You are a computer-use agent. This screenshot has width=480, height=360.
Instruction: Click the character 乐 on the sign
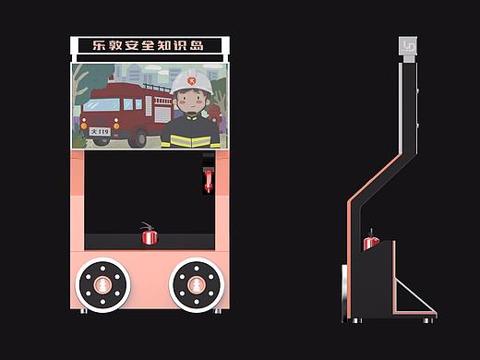coord(99,45)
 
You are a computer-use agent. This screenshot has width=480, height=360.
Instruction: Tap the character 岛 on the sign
coord(197,45)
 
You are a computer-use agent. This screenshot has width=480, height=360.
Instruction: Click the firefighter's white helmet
coord(192,81)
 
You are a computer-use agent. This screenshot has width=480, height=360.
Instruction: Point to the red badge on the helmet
coord(192,81)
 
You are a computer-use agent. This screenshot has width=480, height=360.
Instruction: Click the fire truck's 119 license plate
coord(100,132)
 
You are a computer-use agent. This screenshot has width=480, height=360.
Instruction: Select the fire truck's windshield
coord(102,105)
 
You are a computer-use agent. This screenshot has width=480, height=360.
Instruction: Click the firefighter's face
coord(191,102)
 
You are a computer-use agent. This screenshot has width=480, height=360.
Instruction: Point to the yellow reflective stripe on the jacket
coord(191,141)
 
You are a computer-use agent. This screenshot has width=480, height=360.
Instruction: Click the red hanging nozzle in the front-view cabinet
coord(209,180)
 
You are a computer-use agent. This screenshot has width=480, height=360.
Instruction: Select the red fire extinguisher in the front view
coord(150,234)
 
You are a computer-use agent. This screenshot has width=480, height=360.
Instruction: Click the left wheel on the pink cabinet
coord(102,285)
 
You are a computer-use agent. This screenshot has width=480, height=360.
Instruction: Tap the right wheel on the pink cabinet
coord(197,285)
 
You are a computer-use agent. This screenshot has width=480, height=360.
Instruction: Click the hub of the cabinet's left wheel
coord(102,285)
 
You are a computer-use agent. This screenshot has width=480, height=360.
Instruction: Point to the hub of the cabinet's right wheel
coord(197,285)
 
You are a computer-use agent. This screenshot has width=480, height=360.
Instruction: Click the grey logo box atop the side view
coord(408,46)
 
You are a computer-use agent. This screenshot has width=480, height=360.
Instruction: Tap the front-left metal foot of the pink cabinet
coord(84,311)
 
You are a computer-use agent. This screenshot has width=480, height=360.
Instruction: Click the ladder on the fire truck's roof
coord(157,88)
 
